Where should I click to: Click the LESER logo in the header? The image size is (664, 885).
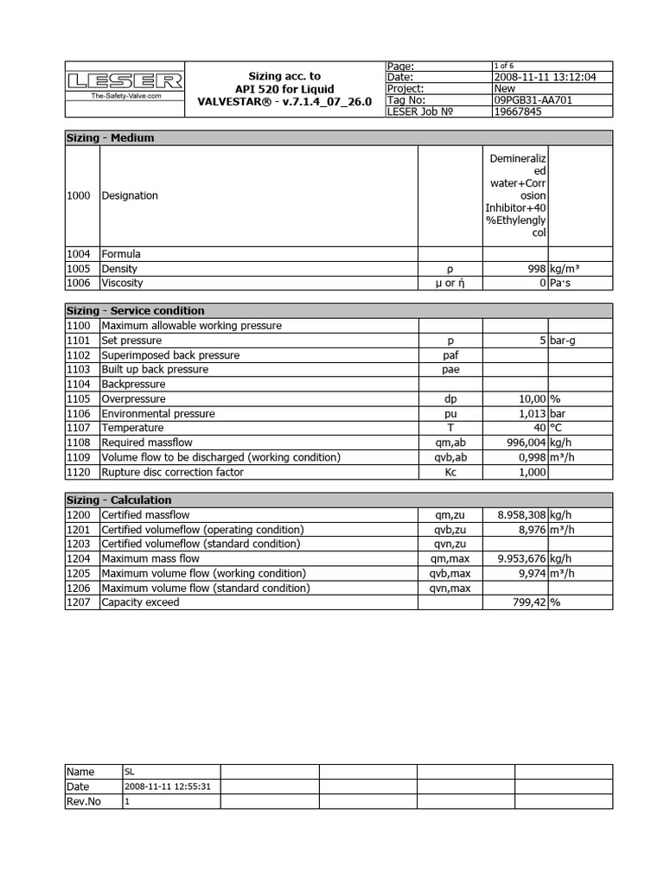pyautogui.click(x=125, y=81)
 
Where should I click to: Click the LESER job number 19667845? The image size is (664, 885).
pyautogui.click(x=519, y=111)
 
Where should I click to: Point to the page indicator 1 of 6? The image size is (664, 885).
pyautogui.click(x=503, y=66)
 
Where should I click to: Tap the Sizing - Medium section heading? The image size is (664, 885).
pyautogui.click(x=111, y=137)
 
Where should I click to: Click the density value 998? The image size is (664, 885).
pyautogui.click(x=536, y=269)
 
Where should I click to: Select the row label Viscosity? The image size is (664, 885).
pyautogui.click(x=122, y=283)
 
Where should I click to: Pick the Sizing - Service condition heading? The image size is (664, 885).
pyautogui.click(x=136, y=310)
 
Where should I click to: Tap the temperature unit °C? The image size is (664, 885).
pyautogui.click(x=556, y=428)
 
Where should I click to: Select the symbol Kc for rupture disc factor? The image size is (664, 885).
pyautogui.click(x=450, y=472)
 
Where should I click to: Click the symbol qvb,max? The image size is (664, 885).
pyautogui.click(x=450, y=573)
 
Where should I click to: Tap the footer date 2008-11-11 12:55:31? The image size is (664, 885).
pyautogui.click(x=169, y=787)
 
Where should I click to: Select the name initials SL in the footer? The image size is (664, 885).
pyautogui.click(x=130, y=772)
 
